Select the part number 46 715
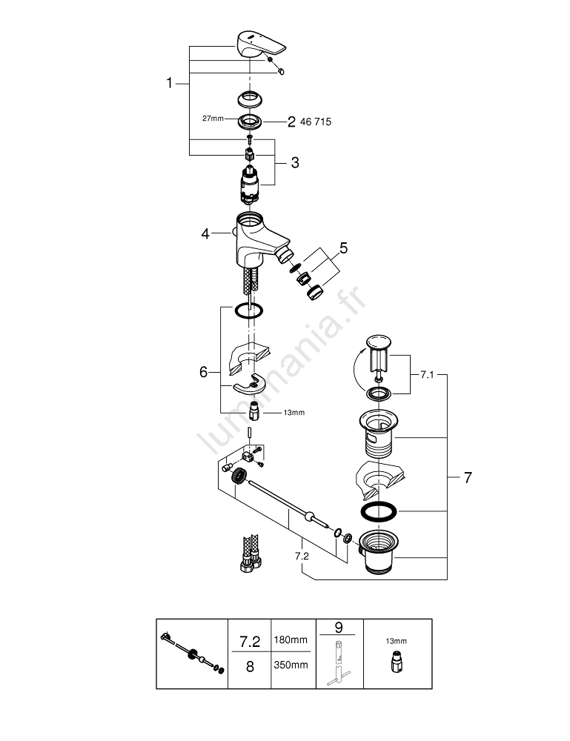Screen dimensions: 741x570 click(314, 122)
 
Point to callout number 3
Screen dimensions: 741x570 click(294, 163)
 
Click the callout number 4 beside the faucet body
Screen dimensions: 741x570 click(205, 234)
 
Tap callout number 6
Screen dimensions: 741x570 click(204, 372)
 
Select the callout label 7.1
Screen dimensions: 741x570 click(427, 376)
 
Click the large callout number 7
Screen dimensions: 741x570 click(467, 478)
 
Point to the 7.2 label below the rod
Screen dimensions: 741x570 click(302, 554)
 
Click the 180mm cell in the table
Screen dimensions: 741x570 click(291, 639)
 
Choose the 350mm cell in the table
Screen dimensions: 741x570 click(291, 665)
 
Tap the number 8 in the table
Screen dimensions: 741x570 click(250, 665)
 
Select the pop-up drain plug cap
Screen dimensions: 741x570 click(379, 342)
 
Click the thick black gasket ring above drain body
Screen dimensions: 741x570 click(379, 512)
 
